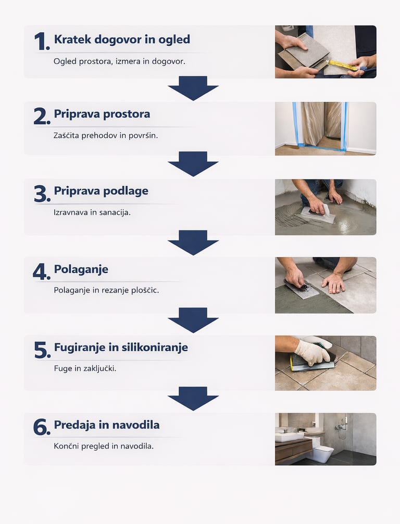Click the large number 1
42,42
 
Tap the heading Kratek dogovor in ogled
122,40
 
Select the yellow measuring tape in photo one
343,65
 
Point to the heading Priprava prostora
102,114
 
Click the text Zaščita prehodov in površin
106,135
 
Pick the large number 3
42,194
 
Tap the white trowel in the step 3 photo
317,213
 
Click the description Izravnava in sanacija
92,212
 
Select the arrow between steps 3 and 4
193,242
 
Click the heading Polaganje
81,269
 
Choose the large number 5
42,350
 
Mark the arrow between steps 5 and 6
193,399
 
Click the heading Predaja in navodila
107,425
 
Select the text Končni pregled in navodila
104,446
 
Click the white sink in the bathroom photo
289,437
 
